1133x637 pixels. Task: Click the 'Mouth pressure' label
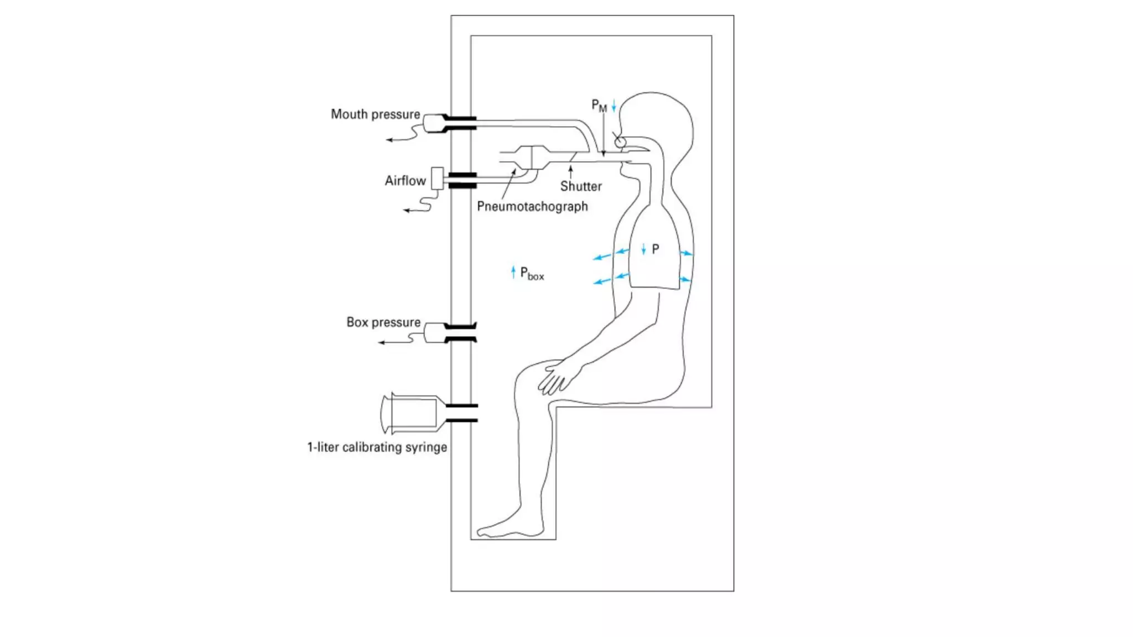tap(375, 114)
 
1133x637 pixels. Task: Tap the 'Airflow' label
tap(405, 181)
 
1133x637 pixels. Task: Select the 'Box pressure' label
tap(383, 322)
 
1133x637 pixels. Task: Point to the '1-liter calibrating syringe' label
tap(377, 447)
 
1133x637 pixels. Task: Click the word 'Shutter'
tap(580, 186)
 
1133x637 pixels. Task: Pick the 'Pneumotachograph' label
tap(532, 207)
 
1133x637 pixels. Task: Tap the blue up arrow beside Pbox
tap(513, 271)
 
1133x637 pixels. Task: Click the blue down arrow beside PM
tap(614, 106)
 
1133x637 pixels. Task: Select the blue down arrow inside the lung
tap(643, 249)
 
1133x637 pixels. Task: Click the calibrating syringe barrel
tap(413, 413)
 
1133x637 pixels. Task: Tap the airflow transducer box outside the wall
tap(437, 179)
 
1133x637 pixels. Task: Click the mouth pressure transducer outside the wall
tap(433, 123)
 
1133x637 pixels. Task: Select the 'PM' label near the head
tap(599, 105)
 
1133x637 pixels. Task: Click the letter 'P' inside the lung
tap(656, 249)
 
